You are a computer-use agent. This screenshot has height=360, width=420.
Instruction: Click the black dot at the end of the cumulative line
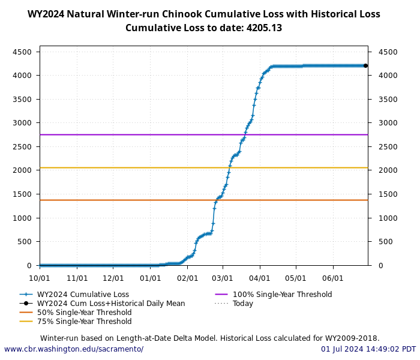365,65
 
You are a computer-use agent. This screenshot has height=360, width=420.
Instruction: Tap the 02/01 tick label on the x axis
187,278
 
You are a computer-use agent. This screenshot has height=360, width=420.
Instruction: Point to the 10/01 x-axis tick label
40,278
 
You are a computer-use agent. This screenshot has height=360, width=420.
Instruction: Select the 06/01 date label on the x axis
333,278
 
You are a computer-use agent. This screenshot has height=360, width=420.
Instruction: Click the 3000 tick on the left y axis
22,123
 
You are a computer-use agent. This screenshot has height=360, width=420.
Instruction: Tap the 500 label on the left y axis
25,242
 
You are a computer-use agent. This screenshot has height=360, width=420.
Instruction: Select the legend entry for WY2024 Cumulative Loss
83,295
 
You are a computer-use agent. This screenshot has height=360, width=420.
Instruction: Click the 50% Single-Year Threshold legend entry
84,313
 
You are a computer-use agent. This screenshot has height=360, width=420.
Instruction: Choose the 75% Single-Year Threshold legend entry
84,322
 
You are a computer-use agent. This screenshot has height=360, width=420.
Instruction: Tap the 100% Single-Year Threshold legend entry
282,295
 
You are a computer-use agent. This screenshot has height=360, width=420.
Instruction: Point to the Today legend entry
243,304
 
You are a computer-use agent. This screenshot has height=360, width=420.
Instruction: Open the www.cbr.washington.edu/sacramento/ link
74,349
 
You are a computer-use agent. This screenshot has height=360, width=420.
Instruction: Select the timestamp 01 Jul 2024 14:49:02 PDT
368,349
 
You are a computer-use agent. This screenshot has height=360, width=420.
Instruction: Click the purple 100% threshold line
120,134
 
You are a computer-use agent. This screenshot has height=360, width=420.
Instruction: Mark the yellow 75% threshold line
120,167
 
